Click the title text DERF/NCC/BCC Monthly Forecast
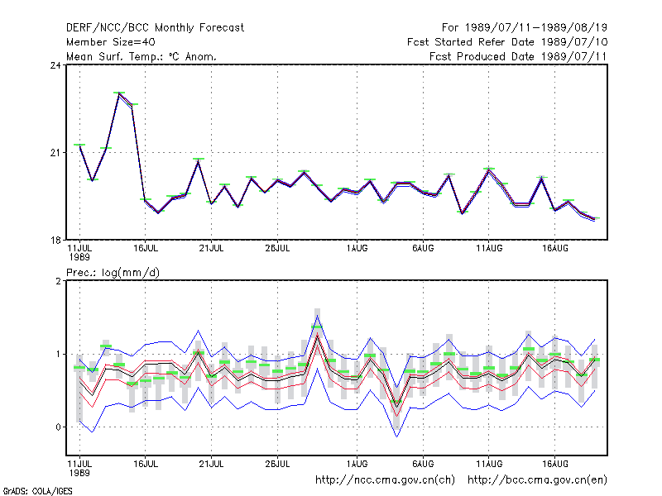155,28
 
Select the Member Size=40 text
111,42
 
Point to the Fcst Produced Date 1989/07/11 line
518,56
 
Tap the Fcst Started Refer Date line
507,42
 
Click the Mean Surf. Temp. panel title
142,56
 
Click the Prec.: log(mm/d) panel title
113,273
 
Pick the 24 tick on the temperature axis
55,65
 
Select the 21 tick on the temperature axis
55,153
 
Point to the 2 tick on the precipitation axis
58,281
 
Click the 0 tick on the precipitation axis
58,427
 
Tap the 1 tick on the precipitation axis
58,355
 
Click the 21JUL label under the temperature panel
211,249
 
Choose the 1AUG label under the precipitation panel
357,464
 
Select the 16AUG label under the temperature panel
554,249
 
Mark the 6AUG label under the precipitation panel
423,464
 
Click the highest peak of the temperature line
119,93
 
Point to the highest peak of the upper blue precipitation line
318,315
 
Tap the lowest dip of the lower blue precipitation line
397,436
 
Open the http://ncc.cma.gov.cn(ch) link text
385,480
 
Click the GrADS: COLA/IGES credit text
37,491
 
